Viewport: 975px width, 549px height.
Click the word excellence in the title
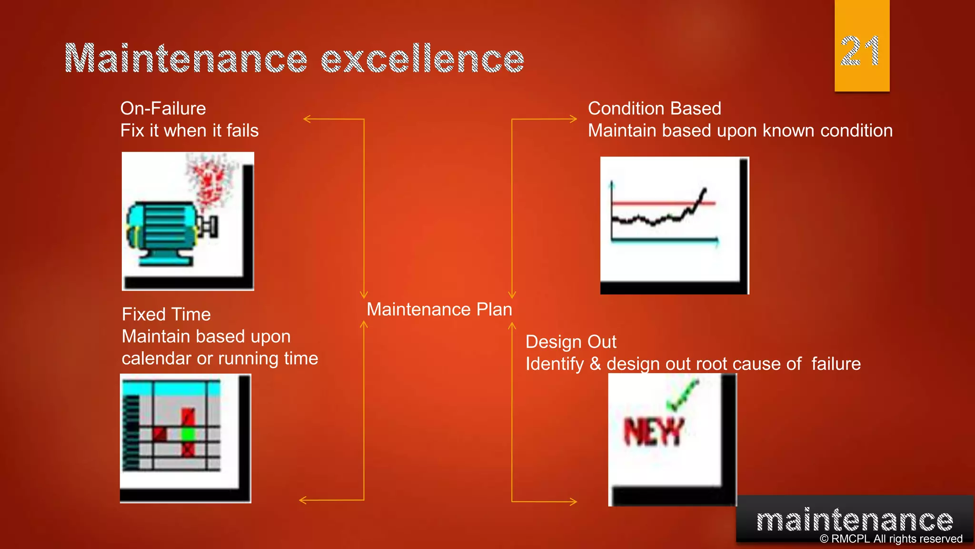click(423, 59)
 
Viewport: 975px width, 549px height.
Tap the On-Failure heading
click(163, 109)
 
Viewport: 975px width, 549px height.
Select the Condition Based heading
click(654, 109)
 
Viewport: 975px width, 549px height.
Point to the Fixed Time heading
click(166, 315)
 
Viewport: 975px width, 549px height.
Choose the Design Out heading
click(571, 342)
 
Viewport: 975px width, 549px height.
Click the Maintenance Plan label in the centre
click(439, 310)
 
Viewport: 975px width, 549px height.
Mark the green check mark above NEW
click(682, 396)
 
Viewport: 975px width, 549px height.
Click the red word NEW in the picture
click(653, 432)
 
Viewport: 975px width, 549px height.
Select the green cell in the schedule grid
click(189, 434)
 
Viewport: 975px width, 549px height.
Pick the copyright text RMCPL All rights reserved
click(891, 539)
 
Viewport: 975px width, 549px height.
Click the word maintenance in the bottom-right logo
click(855, 520)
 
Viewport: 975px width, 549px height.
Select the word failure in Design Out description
click(836, 364)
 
